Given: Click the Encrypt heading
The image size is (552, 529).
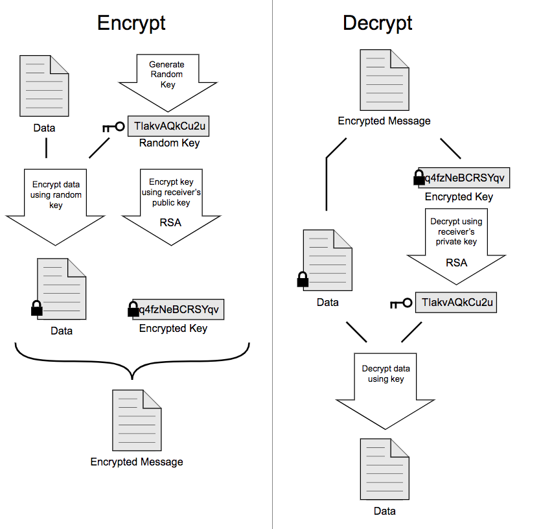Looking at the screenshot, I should [x=132, y=23].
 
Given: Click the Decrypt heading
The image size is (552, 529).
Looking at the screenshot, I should [x=378, y=23].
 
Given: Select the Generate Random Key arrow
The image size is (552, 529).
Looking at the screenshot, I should [x=167, y=81].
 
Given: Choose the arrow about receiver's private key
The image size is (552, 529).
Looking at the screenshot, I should [x=456, y=243].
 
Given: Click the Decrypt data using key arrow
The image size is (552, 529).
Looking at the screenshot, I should [x=386, y=386].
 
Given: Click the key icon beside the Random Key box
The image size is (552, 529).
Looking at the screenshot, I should [x=113, y=126].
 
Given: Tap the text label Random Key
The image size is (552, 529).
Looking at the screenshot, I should [x=169, y=143].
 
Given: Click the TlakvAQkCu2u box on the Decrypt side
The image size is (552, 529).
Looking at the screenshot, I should [x=456, y=303].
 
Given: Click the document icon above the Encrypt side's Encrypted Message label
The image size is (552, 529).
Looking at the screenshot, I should [x=137, y=420].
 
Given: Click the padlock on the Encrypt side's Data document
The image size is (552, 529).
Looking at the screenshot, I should [x=37, y=308].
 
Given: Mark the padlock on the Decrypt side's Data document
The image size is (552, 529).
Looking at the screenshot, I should [x=302, y=279].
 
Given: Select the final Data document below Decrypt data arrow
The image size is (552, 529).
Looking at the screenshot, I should [x=384, y=469].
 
